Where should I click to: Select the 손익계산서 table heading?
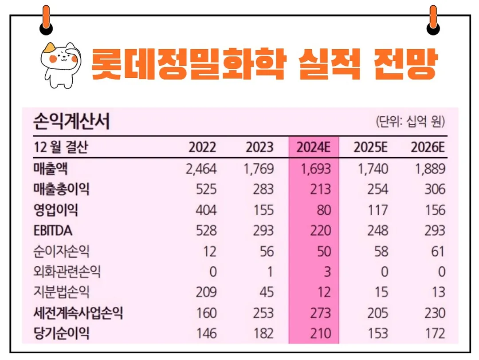coord(71,121)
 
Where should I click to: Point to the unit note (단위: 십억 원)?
coord(410,121)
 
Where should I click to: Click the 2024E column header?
coord(314,147)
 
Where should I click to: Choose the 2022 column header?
coord(202,147)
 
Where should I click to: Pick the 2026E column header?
coord(428,147)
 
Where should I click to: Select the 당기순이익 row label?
coord(61,333)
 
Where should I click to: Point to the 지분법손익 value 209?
coord(206,292)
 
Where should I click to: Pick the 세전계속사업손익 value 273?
coord(320,313)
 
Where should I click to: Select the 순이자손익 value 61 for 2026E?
coord(437,251)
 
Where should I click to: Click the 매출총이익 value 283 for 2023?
coord(263,190)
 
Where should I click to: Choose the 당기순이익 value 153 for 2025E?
coord(377,333)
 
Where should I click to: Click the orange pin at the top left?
coord(46,20)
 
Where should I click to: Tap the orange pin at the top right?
coord(433,20)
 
